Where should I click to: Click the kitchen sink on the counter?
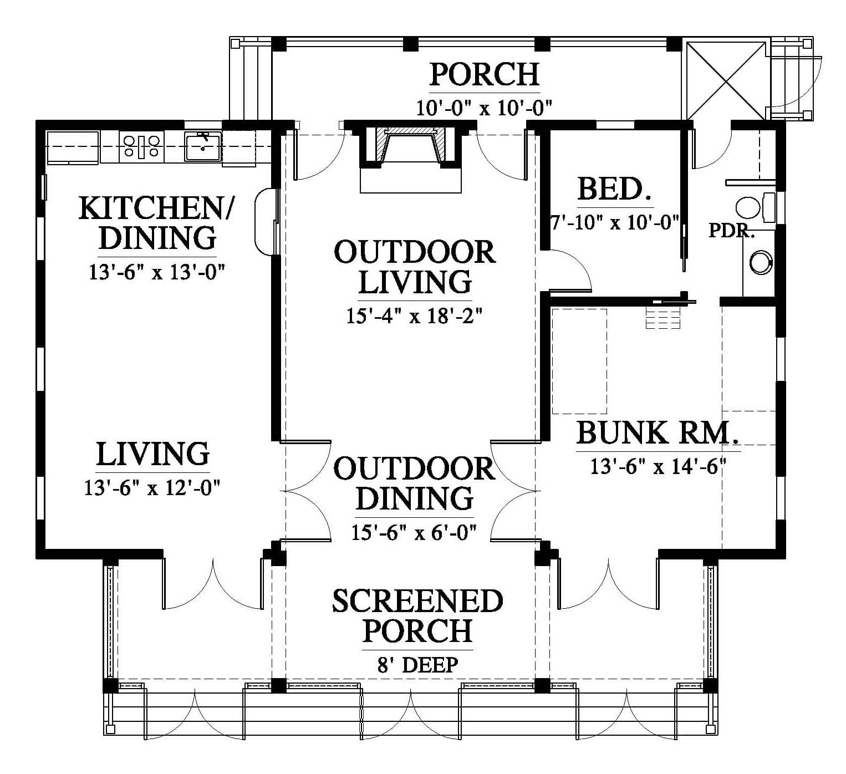point(203,146)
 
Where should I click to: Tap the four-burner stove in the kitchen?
point(141,146)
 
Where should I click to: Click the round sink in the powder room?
point(761,262)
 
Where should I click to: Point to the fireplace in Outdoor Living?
point(411,156)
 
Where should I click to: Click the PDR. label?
point(731,230)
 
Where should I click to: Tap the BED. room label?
point(614,189)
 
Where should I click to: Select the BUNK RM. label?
point(658,433)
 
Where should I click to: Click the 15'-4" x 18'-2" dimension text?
point(414,315)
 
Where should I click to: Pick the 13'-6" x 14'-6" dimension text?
point(658,466)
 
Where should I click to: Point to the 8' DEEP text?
point(417,665)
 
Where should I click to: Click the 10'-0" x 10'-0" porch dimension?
point(484,108)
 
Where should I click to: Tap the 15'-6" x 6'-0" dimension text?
point(414,532)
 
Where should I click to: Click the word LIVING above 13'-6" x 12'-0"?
point(152,454)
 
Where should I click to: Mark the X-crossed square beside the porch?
point(726,81)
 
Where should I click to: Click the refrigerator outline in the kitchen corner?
point(73,147)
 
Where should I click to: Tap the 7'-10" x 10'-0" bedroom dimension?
point(614,222)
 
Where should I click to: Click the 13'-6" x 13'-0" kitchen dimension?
point(156,272)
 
